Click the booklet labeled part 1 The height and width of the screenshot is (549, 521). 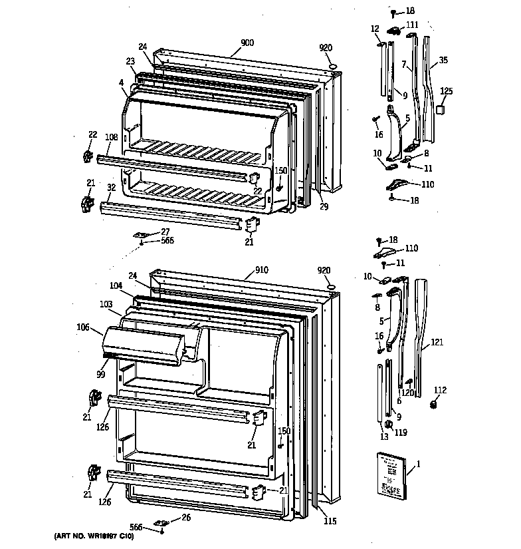(391, 473)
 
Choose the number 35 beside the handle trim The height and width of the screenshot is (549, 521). (443, 61)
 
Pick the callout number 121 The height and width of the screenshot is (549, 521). (436, 342)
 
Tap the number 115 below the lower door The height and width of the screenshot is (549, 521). (329, 521)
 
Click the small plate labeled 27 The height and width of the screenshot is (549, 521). (142, 234)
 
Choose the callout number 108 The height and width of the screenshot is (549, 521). (111, 138)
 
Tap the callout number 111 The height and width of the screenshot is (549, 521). (413, 25)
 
